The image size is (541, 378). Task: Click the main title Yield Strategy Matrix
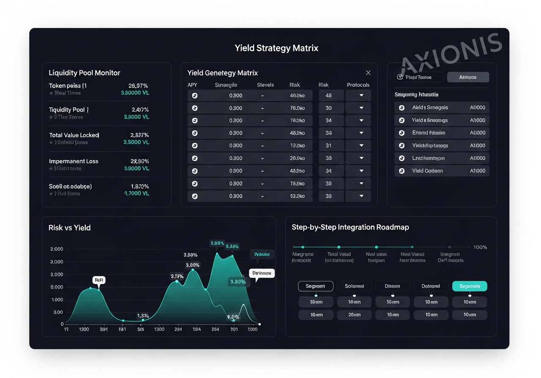coord(276,48)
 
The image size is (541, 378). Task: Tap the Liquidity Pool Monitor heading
coord(85,73)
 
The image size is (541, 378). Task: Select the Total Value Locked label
coord(74,135)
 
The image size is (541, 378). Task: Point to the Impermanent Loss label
coord(74,161)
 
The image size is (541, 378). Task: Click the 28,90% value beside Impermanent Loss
coord(139,161)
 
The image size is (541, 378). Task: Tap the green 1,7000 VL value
coord(137,194)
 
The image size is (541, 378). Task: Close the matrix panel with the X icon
coord(368,73)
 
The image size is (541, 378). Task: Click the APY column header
coord(192,85)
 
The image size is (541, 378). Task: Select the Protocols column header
coord(358,85)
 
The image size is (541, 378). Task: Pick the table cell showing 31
coord(328,146)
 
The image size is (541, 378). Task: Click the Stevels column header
coord(265,85)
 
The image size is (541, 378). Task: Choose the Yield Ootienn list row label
coord(427,171)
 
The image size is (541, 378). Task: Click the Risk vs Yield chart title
coord(70,228)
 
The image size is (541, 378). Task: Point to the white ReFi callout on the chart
coord(99,280)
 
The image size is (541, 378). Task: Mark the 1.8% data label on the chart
coord(143,316)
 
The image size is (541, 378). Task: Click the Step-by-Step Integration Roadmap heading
coord(350,227)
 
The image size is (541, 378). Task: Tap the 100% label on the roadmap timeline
coord(480,247)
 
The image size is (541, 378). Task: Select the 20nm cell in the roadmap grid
coord(354,315)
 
